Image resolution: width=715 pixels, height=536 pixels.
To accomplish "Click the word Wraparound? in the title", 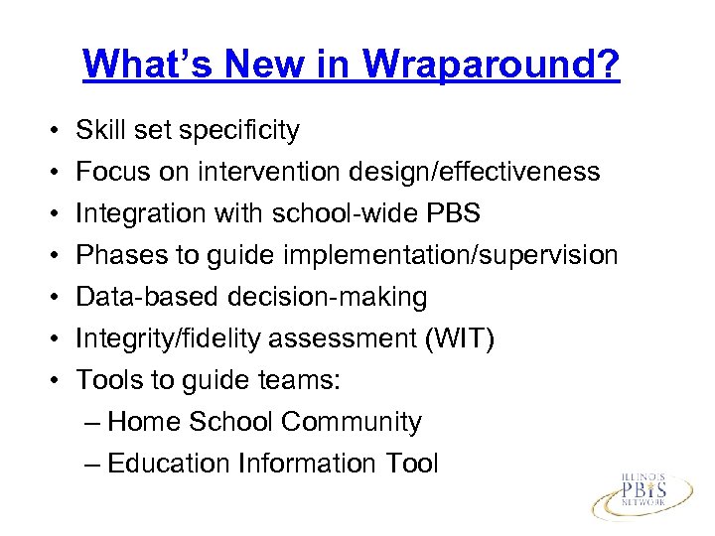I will pyautogui.click(x=492, y=65).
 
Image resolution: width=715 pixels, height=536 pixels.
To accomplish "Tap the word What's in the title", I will pyautogui.click(x=150, y=65).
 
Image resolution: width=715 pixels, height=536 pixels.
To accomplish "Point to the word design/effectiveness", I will pyautogui.click(x=474, y=172).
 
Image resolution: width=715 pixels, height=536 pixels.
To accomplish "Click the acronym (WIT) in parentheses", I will pyautogui.click(x=459, y=338).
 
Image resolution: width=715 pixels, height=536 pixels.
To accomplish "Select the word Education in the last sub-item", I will pyautogui.click(x=168, y=464).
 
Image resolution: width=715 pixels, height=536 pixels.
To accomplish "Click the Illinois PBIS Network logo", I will pyautogui.click(x=646, y=494).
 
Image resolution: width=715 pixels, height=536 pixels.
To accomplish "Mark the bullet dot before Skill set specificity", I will pyautogui.click(x=50, y=131).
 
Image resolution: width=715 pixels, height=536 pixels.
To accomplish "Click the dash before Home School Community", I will pyautogui.click(x=93, y=423).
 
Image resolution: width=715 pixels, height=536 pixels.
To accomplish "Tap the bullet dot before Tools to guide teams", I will pyautogui.click(x=50, y=381).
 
